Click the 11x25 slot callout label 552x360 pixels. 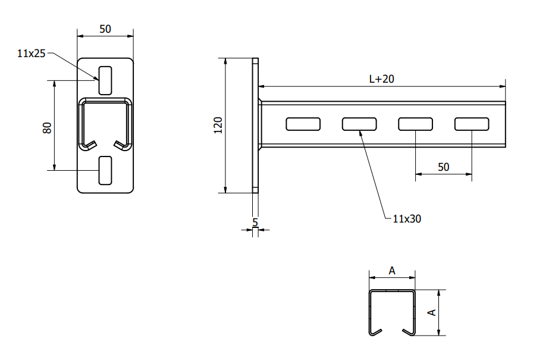point(32,54)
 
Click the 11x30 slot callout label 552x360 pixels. point(407,219)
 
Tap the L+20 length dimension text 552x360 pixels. point(382,79)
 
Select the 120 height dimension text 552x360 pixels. point(218,126)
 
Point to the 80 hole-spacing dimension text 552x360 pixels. point(47,127)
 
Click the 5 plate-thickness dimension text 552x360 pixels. point(255,223)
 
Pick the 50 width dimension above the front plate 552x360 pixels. point(105,29)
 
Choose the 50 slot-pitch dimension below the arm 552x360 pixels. point(444,167)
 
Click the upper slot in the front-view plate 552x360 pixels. point(105,80)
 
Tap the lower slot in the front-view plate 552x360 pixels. point(105,171)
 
